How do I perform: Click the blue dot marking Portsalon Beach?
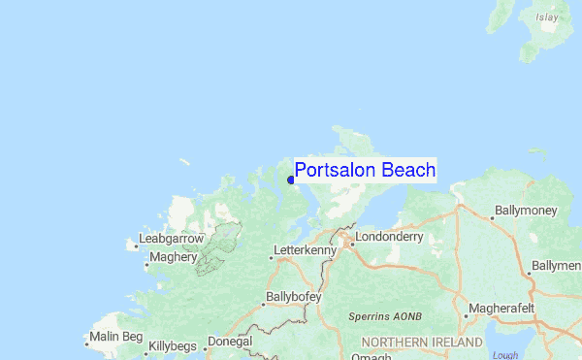pos(291,180)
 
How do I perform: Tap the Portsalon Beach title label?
pos(365,171)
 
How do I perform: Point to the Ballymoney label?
pos(528,210)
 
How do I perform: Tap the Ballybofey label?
pos(293,298)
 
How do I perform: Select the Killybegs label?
pos(172,345)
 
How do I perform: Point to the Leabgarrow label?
pos(172,238)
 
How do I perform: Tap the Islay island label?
pos(548,16)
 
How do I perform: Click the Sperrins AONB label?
pos(385,317)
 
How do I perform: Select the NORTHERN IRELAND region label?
pos(421,343)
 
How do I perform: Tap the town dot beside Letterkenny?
pos(272,257)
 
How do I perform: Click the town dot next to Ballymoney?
pos(492,217)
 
